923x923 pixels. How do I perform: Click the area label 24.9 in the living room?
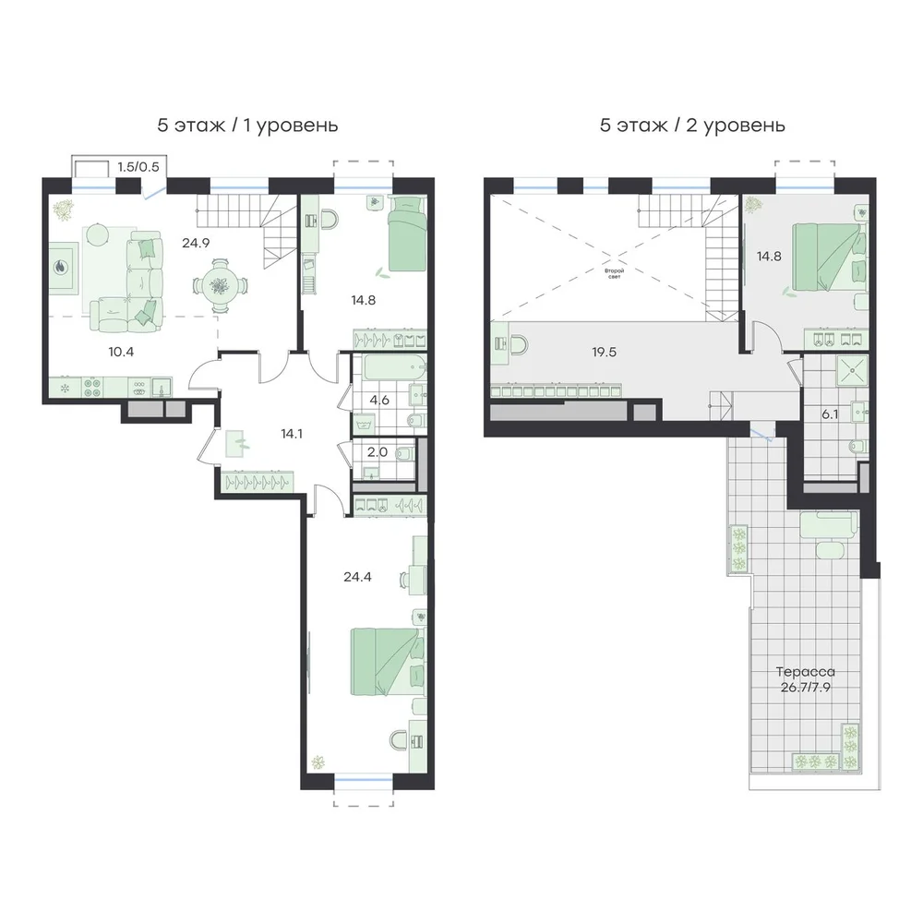(x=196, y=243)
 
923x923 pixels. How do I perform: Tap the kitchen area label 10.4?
(x=121, y=352)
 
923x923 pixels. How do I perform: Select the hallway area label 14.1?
(x=292, y=434)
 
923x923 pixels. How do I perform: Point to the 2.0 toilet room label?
(x=378, y=452)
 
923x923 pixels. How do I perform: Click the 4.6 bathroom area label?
(x=379, y=401)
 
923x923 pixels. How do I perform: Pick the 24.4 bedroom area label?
(x=357, y=577)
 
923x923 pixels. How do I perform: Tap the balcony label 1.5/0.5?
(x=138, y=166)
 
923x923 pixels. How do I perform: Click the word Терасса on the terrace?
(x=805, y=672)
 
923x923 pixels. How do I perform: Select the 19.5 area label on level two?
(x=605, y=352)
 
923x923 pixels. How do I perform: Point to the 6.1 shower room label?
(x=830, y=414)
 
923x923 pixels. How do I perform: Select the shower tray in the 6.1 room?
(x=852, y=370)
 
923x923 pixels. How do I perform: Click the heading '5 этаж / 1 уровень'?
(x=247, y=126)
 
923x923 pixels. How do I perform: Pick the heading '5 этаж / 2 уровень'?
(x=692, y=126)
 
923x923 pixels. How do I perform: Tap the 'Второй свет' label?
(x=614, y=273)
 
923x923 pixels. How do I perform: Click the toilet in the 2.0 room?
(x=405, y=454)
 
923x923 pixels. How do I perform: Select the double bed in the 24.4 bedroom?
(x=387, y=662)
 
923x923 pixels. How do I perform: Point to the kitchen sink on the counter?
(x=162, y=388)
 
